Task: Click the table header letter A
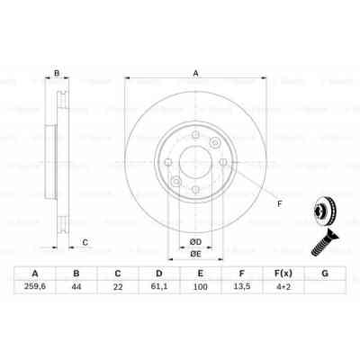click(x=34, y=274)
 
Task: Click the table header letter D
click(x=158, y=274)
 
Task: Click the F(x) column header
click(x=283, y=274)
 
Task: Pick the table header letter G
click(x=324, y=274)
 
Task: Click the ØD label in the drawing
click(x=193, y=240)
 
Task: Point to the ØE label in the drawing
click(x=193, y=254)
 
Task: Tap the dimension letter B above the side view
click(x=56, y=73)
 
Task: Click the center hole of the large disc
click(x=193, y=165)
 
